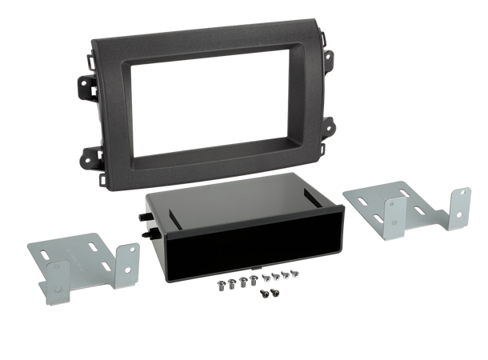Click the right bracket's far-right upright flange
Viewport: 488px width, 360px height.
click(x=462, y=212)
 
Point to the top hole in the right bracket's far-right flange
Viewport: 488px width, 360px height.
click(x=462, y=198)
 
